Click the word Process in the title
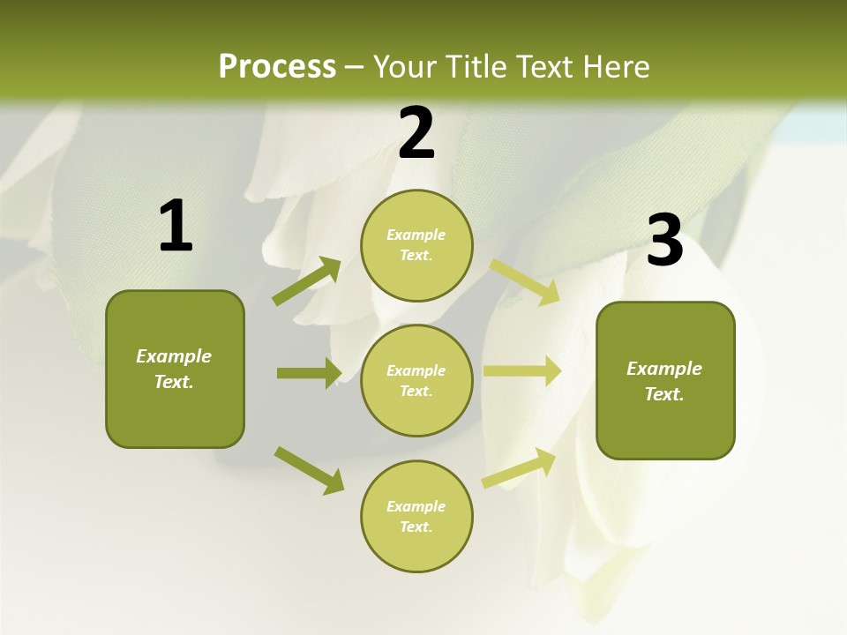pos(277,67)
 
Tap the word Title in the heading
pos(474,67)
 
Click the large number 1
pos(176,227)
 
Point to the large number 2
pos(416,133)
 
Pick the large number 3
pos(664,241)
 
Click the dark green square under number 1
pos(175,369)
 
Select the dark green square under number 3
pos(665,381)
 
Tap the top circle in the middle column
pos(416,245)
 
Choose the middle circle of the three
pos(416,380)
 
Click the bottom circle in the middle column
pos(416,516)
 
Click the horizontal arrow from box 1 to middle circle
pos(309,373)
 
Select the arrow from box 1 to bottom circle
pos(310,470)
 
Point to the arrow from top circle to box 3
pos(524,282)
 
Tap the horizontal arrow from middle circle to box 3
pos(522,371)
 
